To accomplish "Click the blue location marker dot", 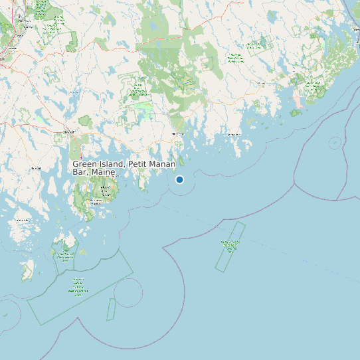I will point(179,179).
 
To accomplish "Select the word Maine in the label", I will point(104,173).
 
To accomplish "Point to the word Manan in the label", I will point(162,164).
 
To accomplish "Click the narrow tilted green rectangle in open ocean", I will point(230,246).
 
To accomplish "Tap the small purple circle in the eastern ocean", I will point(335,141).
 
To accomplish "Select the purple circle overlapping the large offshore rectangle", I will point(128,292).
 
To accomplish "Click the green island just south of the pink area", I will point(296,113).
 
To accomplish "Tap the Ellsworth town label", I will point(66,132).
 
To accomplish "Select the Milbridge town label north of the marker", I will point(177,134).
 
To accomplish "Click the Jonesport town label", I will point(233,134).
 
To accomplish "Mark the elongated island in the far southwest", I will point(28,269).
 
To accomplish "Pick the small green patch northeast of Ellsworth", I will point(85,122).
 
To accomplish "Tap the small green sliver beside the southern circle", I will point(111,309).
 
